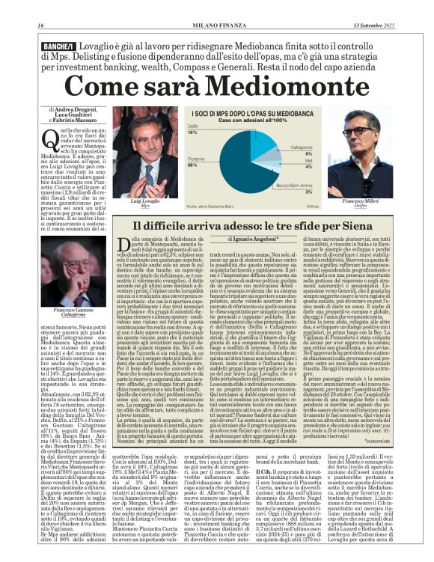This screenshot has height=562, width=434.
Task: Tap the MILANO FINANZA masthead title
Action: [217, 28]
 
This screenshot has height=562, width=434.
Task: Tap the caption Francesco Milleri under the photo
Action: [359, 202]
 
